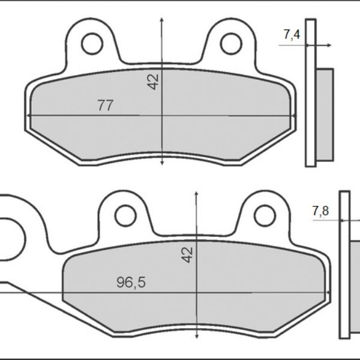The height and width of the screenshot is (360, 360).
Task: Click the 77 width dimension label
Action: [106, 106]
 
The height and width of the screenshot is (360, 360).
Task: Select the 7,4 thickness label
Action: [292, 35]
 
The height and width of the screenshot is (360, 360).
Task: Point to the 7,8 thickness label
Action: [320, 211]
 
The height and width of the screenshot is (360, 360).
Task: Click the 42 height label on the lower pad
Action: [188, 254]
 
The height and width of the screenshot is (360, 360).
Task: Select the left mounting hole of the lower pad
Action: [125, 214]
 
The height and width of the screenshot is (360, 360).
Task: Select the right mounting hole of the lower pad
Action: [263, 214]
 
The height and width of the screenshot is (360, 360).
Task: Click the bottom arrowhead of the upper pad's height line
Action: [163, 161]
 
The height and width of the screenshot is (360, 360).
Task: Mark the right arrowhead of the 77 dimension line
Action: [293, 116]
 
